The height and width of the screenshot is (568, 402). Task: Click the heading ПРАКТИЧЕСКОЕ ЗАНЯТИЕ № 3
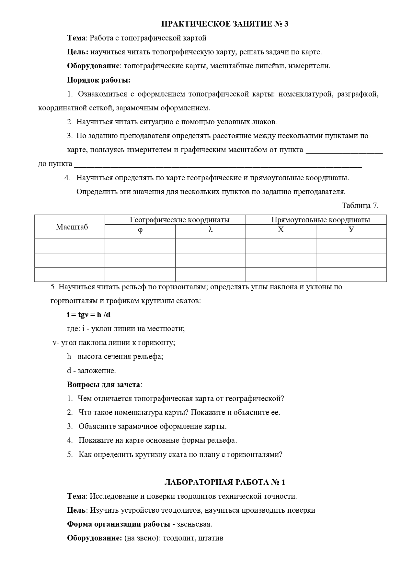coord(224,24)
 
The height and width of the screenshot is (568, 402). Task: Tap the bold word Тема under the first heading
coord(77,38)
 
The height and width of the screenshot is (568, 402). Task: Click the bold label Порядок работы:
coord(99,80)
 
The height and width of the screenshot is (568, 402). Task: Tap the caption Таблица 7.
coord(360,206)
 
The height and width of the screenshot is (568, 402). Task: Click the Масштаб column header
coord(72,227)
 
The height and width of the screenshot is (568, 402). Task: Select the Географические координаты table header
coord(179,220)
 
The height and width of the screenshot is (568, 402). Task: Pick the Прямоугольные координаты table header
coord(320,220)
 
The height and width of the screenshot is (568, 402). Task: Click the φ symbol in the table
coord(140,230)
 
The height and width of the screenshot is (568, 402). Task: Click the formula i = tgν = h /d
coord(89,315)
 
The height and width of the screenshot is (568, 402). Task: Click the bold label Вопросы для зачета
coord(104,384)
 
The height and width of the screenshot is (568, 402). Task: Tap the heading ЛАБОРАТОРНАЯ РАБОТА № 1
coord(224,482)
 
